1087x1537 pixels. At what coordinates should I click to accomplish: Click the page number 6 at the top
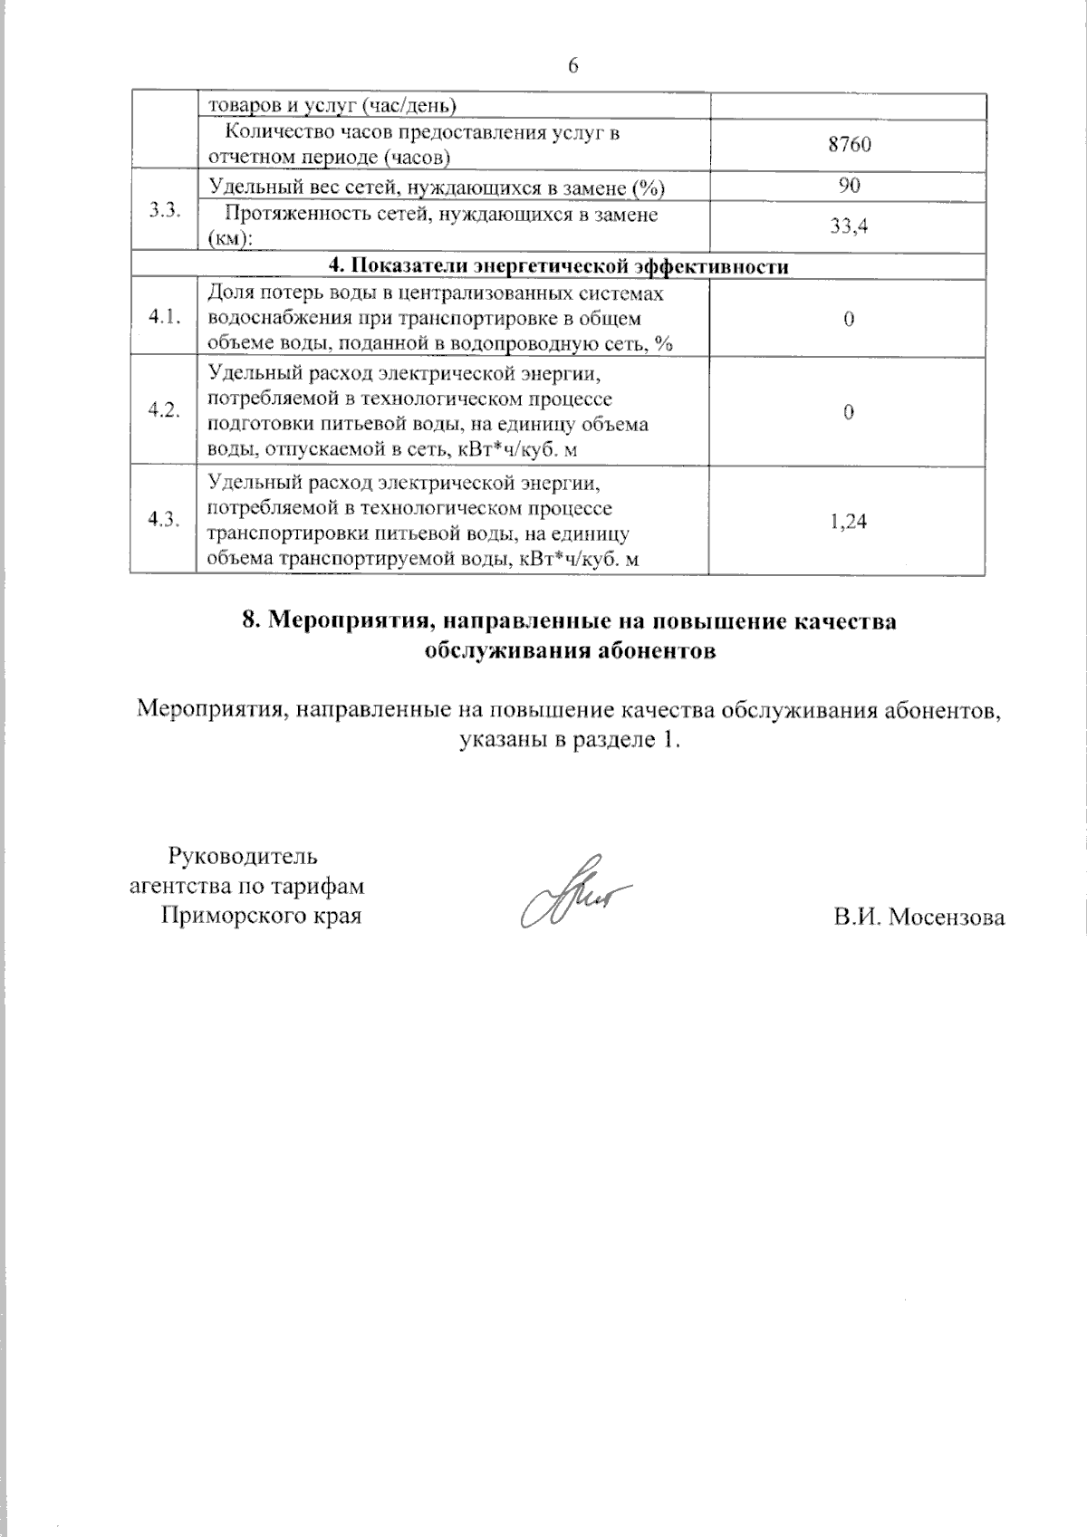572,66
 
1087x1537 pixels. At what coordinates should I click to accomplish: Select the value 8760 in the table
849,145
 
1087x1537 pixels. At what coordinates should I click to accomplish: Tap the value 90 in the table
849,186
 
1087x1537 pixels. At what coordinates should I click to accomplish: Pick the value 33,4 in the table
849,226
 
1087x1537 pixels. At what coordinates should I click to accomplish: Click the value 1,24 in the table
849,521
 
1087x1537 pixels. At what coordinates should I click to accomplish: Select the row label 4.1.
164,317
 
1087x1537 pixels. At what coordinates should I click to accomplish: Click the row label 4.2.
164,410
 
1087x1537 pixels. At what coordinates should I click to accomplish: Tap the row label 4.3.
164,520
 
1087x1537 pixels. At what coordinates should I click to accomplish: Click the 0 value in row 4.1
849,319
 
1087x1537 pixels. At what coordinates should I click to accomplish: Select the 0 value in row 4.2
849,412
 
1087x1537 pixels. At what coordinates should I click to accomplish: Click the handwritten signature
571,892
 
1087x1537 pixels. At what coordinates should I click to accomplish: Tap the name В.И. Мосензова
919,917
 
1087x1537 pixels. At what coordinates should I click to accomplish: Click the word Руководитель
243,855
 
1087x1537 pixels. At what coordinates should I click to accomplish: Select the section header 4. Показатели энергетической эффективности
558,266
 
